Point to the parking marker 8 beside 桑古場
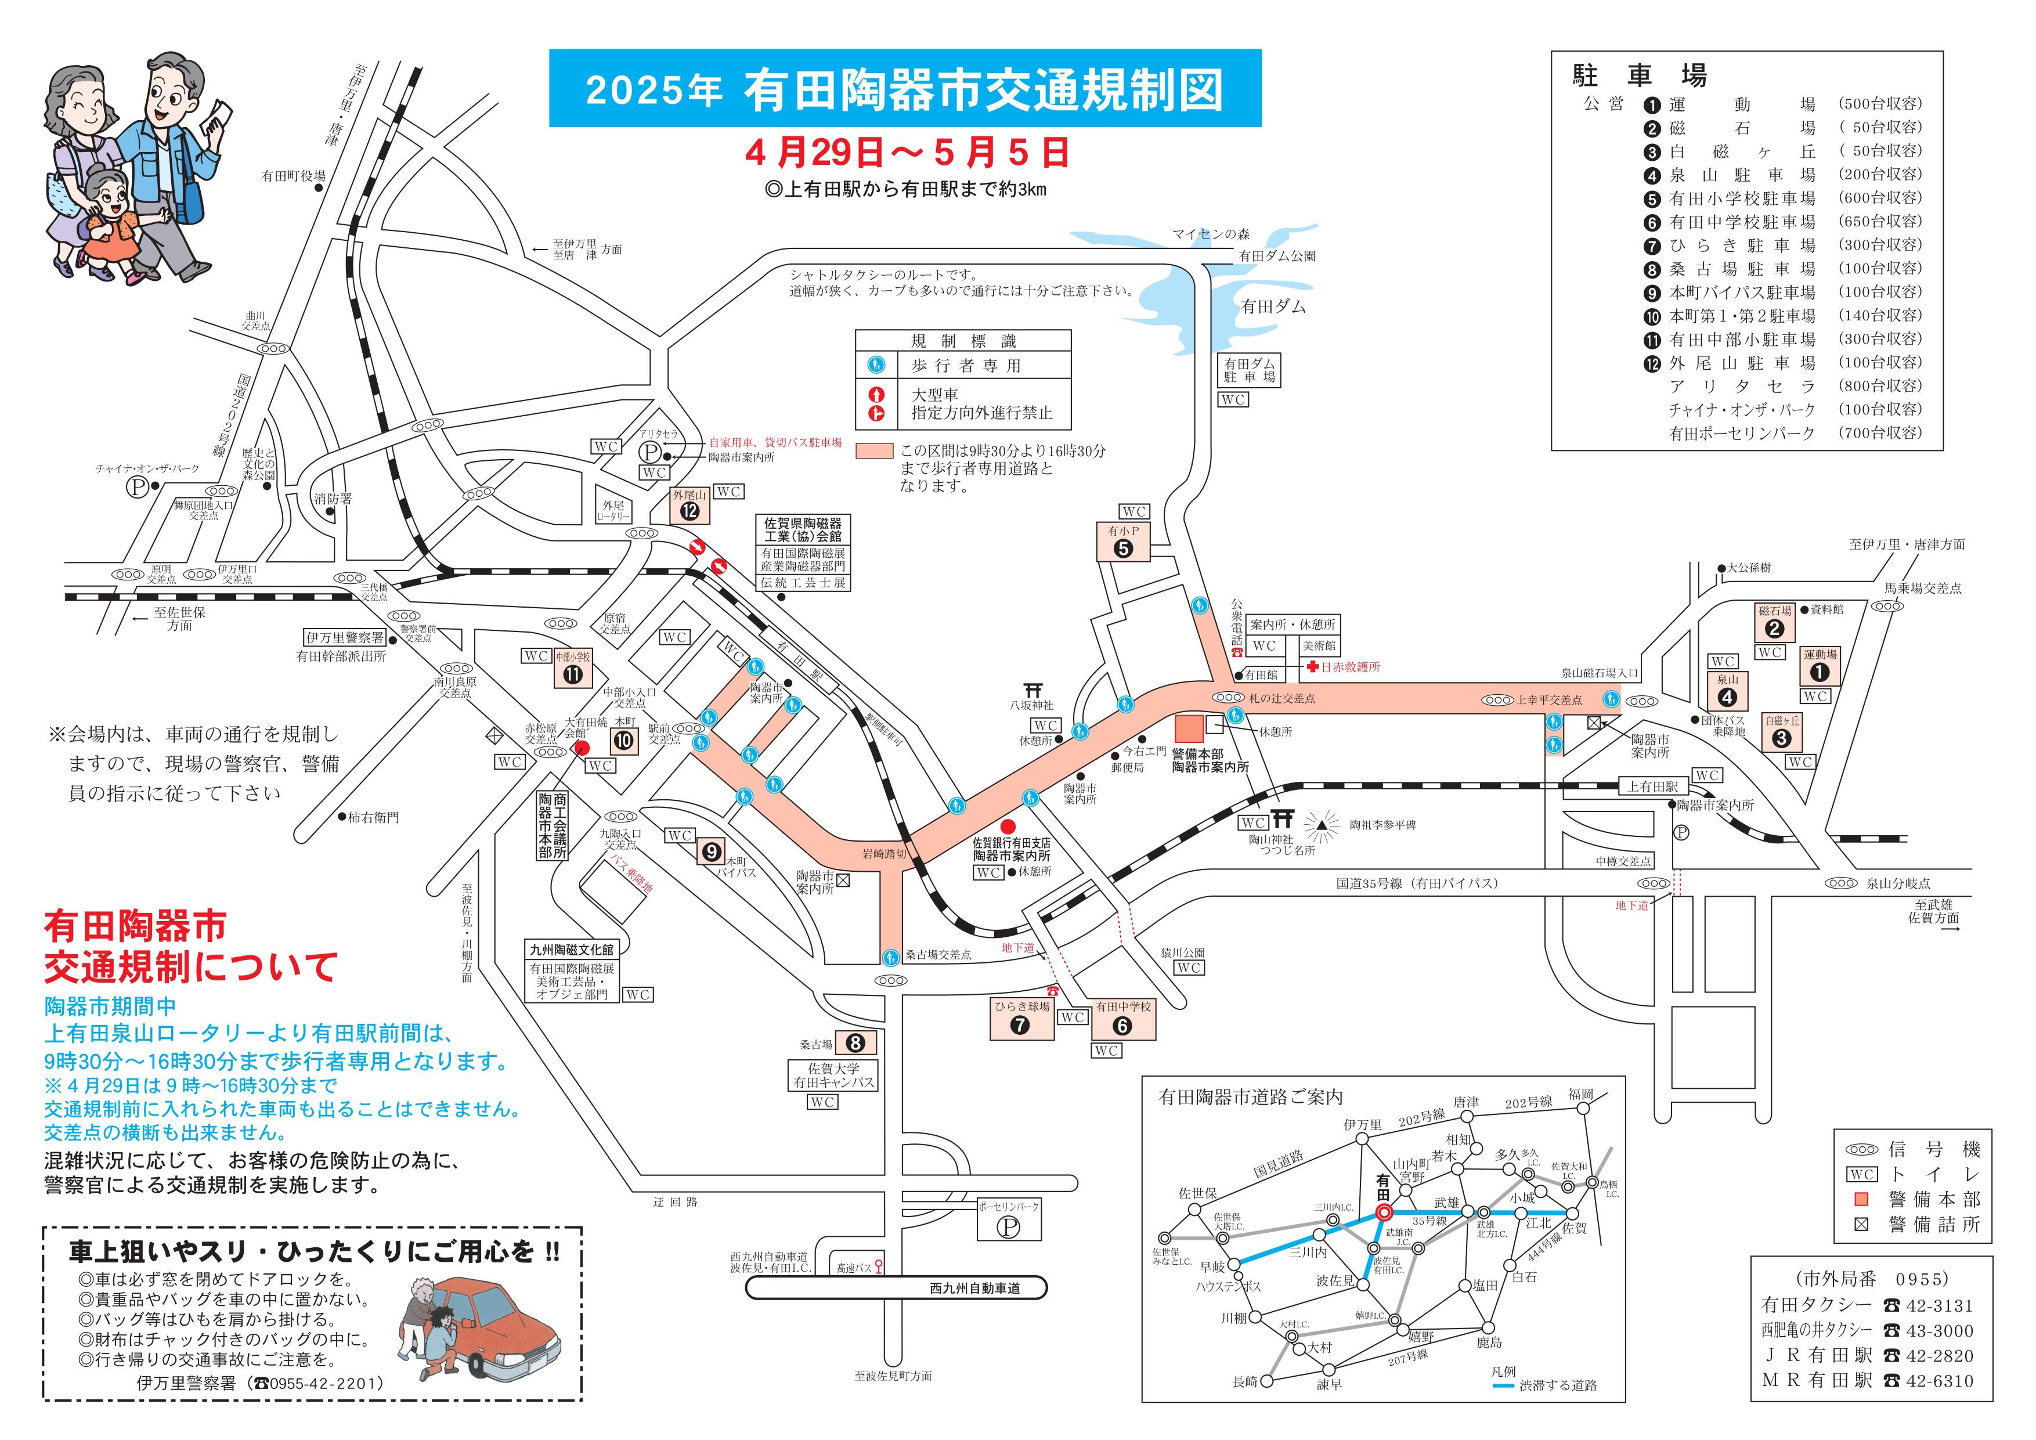[x=855, y=1044]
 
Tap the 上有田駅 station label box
[x=1654, y=786]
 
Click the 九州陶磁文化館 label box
[x=571, y=950]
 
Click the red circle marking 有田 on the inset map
[x=1383, y=1211]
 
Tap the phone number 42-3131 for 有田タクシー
[x=1940, y=1305]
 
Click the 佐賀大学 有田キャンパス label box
[x=833, y=1076]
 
